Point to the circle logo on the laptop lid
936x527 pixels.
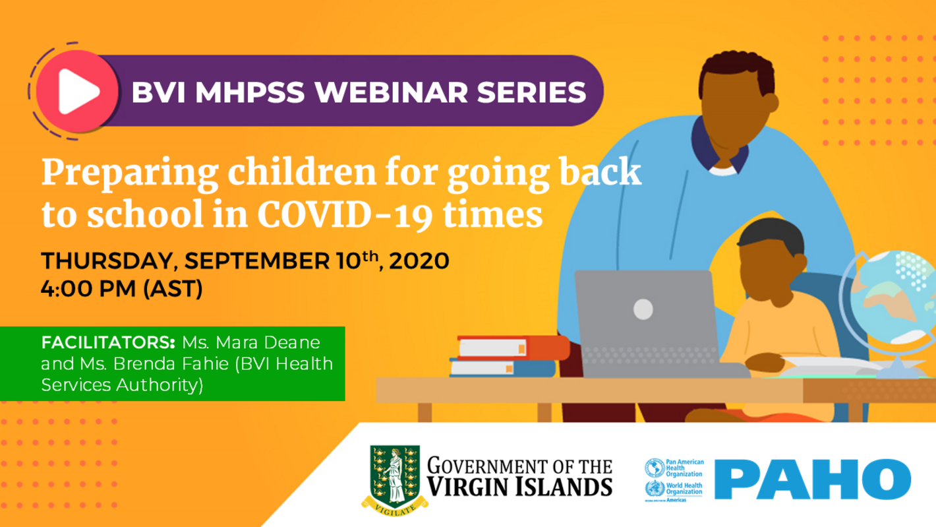(x=643, y=307)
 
